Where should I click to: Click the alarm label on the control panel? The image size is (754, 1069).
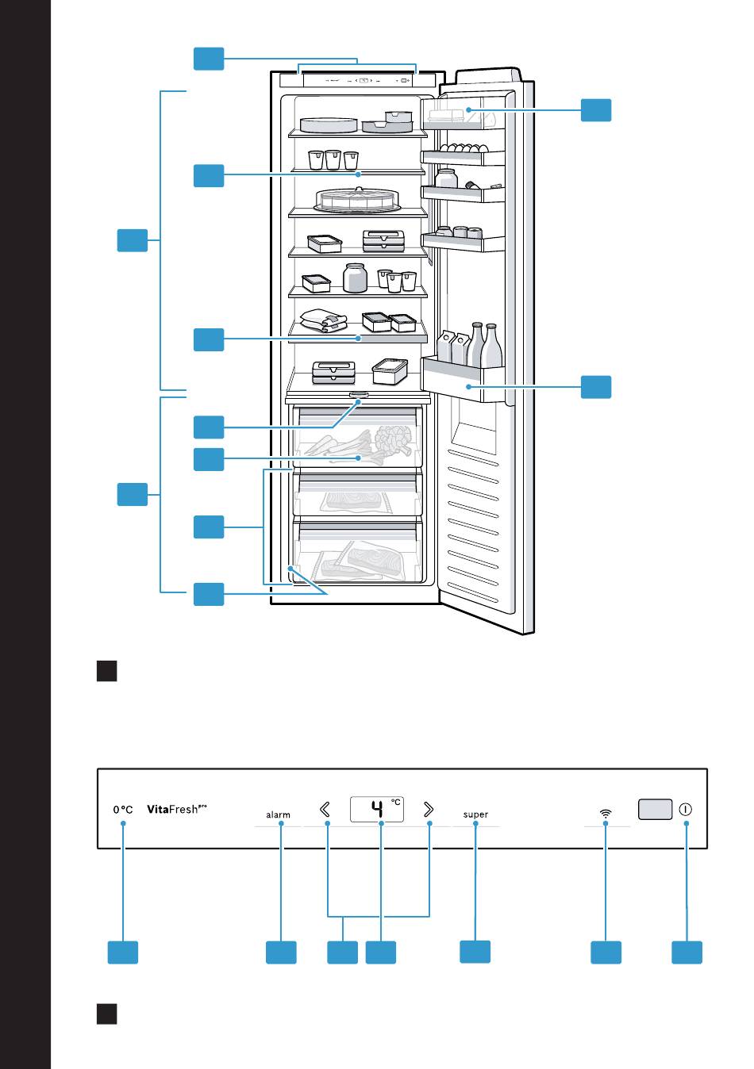pos(278,814)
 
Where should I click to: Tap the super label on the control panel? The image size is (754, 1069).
pos(475,814)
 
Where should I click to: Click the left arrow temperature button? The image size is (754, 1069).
pos(325,810)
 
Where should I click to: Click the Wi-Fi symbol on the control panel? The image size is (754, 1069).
pos(606,813)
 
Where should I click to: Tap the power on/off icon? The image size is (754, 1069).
pos(686,810)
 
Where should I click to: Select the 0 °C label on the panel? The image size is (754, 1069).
pos(122,810)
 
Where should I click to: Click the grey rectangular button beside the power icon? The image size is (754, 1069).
pos(655,809)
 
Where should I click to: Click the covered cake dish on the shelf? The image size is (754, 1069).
pos(356,200)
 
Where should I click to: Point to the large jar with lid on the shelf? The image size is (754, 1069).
pos(355,278)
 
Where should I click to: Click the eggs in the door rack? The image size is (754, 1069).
pos(464,148)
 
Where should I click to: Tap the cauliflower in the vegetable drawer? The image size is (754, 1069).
pos(398,438)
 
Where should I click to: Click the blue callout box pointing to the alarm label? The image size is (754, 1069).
pos(281,952)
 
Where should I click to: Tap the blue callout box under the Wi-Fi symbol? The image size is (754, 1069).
pos(606,952)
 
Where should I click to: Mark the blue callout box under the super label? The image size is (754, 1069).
pos(475,952)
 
